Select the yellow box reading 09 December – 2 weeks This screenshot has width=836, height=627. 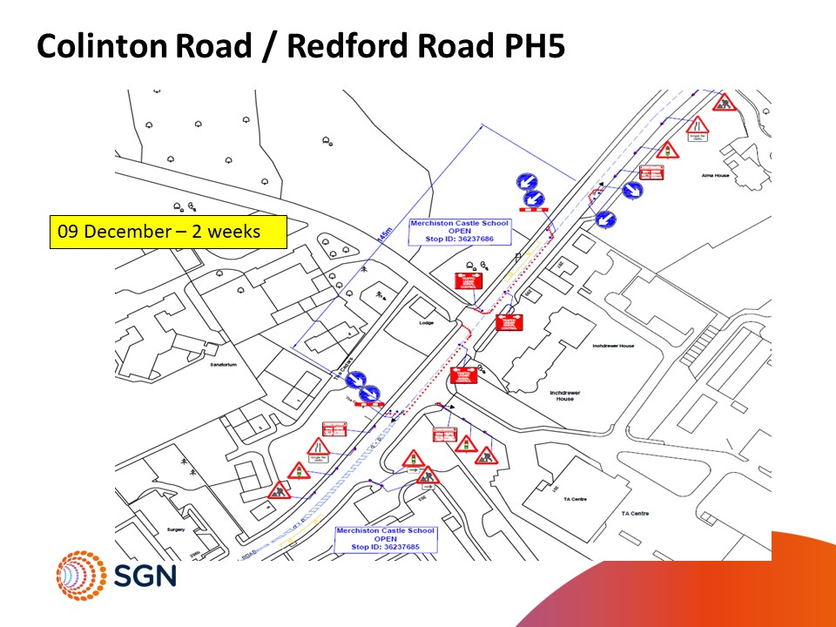coord(167,233)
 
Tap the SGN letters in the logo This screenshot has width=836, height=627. coord(145,576)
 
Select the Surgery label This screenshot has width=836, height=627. coord(176,529)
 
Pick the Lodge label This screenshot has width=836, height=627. coord(426,323)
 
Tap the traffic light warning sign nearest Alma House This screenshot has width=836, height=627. coord(668,150)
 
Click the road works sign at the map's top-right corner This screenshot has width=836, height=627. coord(723,103)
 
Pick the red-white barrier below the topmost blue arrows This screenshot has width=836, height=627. coord(532,210)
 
